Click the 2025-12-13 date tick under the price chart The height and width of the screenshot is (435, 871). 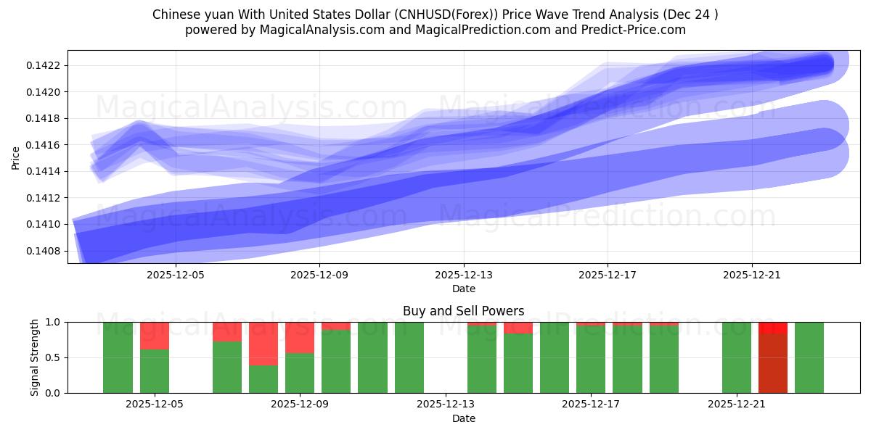click(464, 275)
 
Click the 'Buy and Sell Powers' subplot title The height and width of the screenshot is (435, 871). click(464, 311)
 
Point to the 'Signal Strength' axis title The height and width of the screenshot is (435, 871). click(35, 357)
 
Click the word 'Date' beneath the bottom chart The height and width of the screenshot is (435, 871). click(464, 418)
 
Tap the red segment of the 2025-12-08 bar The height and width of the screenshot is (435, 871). click(263, 343)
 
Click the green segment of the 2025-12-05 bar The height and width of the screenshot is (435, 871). click(155, 371)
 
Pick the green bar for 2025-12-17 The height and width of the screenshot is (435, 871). click(591, 359)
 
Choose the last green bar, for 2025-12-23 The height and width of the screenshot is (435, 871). click(809, 357)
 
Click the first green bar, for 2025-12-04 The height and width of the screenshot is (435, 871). click(118, 357)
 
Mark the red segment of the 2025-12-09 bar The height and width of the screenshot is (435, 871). click(300, 337)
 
